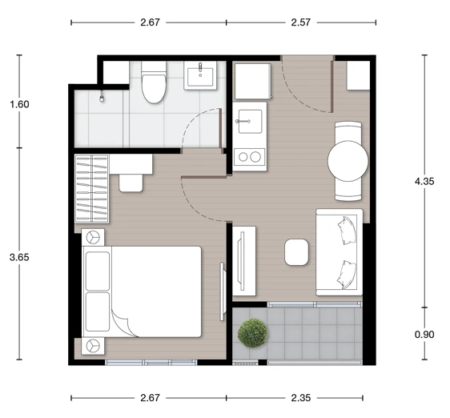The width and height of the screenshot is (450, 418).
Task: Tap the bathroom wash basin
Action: point(200,76)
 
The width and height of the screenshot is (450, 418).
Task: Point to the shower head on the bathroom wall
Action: point(102,96)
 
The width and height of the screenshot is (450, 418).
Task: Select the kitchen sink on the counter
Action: point(250,122)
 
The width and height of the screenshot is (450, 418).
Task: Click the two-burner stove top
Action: point(249,157)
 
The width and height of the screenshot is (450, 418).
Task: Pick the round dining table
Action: point(348,161)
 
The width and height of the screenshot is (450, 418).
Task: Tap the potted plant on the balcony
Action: point(252,333)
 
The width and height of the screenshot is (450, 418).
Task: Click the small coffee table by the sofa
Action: point(296,252)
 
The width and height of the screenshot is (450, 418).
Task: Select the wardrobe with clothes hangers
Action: point(91,189)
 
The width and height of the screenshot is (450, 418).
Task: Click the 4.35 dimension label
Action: point(424,182)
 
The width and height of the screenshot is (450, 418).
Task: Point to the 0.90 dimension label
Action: point(424,335)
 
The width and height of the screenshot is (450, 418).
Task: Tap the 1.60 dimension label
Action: point(19,104)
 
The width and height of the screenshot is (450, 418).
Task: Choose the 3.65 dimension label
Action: point(19,257)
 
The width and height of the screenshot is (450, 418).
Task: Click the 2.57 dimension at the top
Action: point(301,22)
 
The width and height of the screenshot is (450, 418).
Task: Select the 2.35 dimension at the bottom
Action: point(301,398)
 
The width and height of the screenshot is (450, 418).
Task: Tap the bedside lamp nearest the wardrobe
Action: point(93,237)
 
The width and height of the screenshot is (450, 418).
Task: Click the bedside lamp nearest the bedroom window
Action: point(93,346)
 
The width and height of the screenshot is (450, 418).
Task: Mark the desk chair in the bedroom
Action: point(131,183)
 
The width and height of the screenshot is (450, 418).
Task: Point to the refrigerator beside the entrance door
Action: point(253,82)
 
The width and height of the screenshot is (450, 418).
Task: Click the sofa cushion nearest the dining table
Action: point(347,231)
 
